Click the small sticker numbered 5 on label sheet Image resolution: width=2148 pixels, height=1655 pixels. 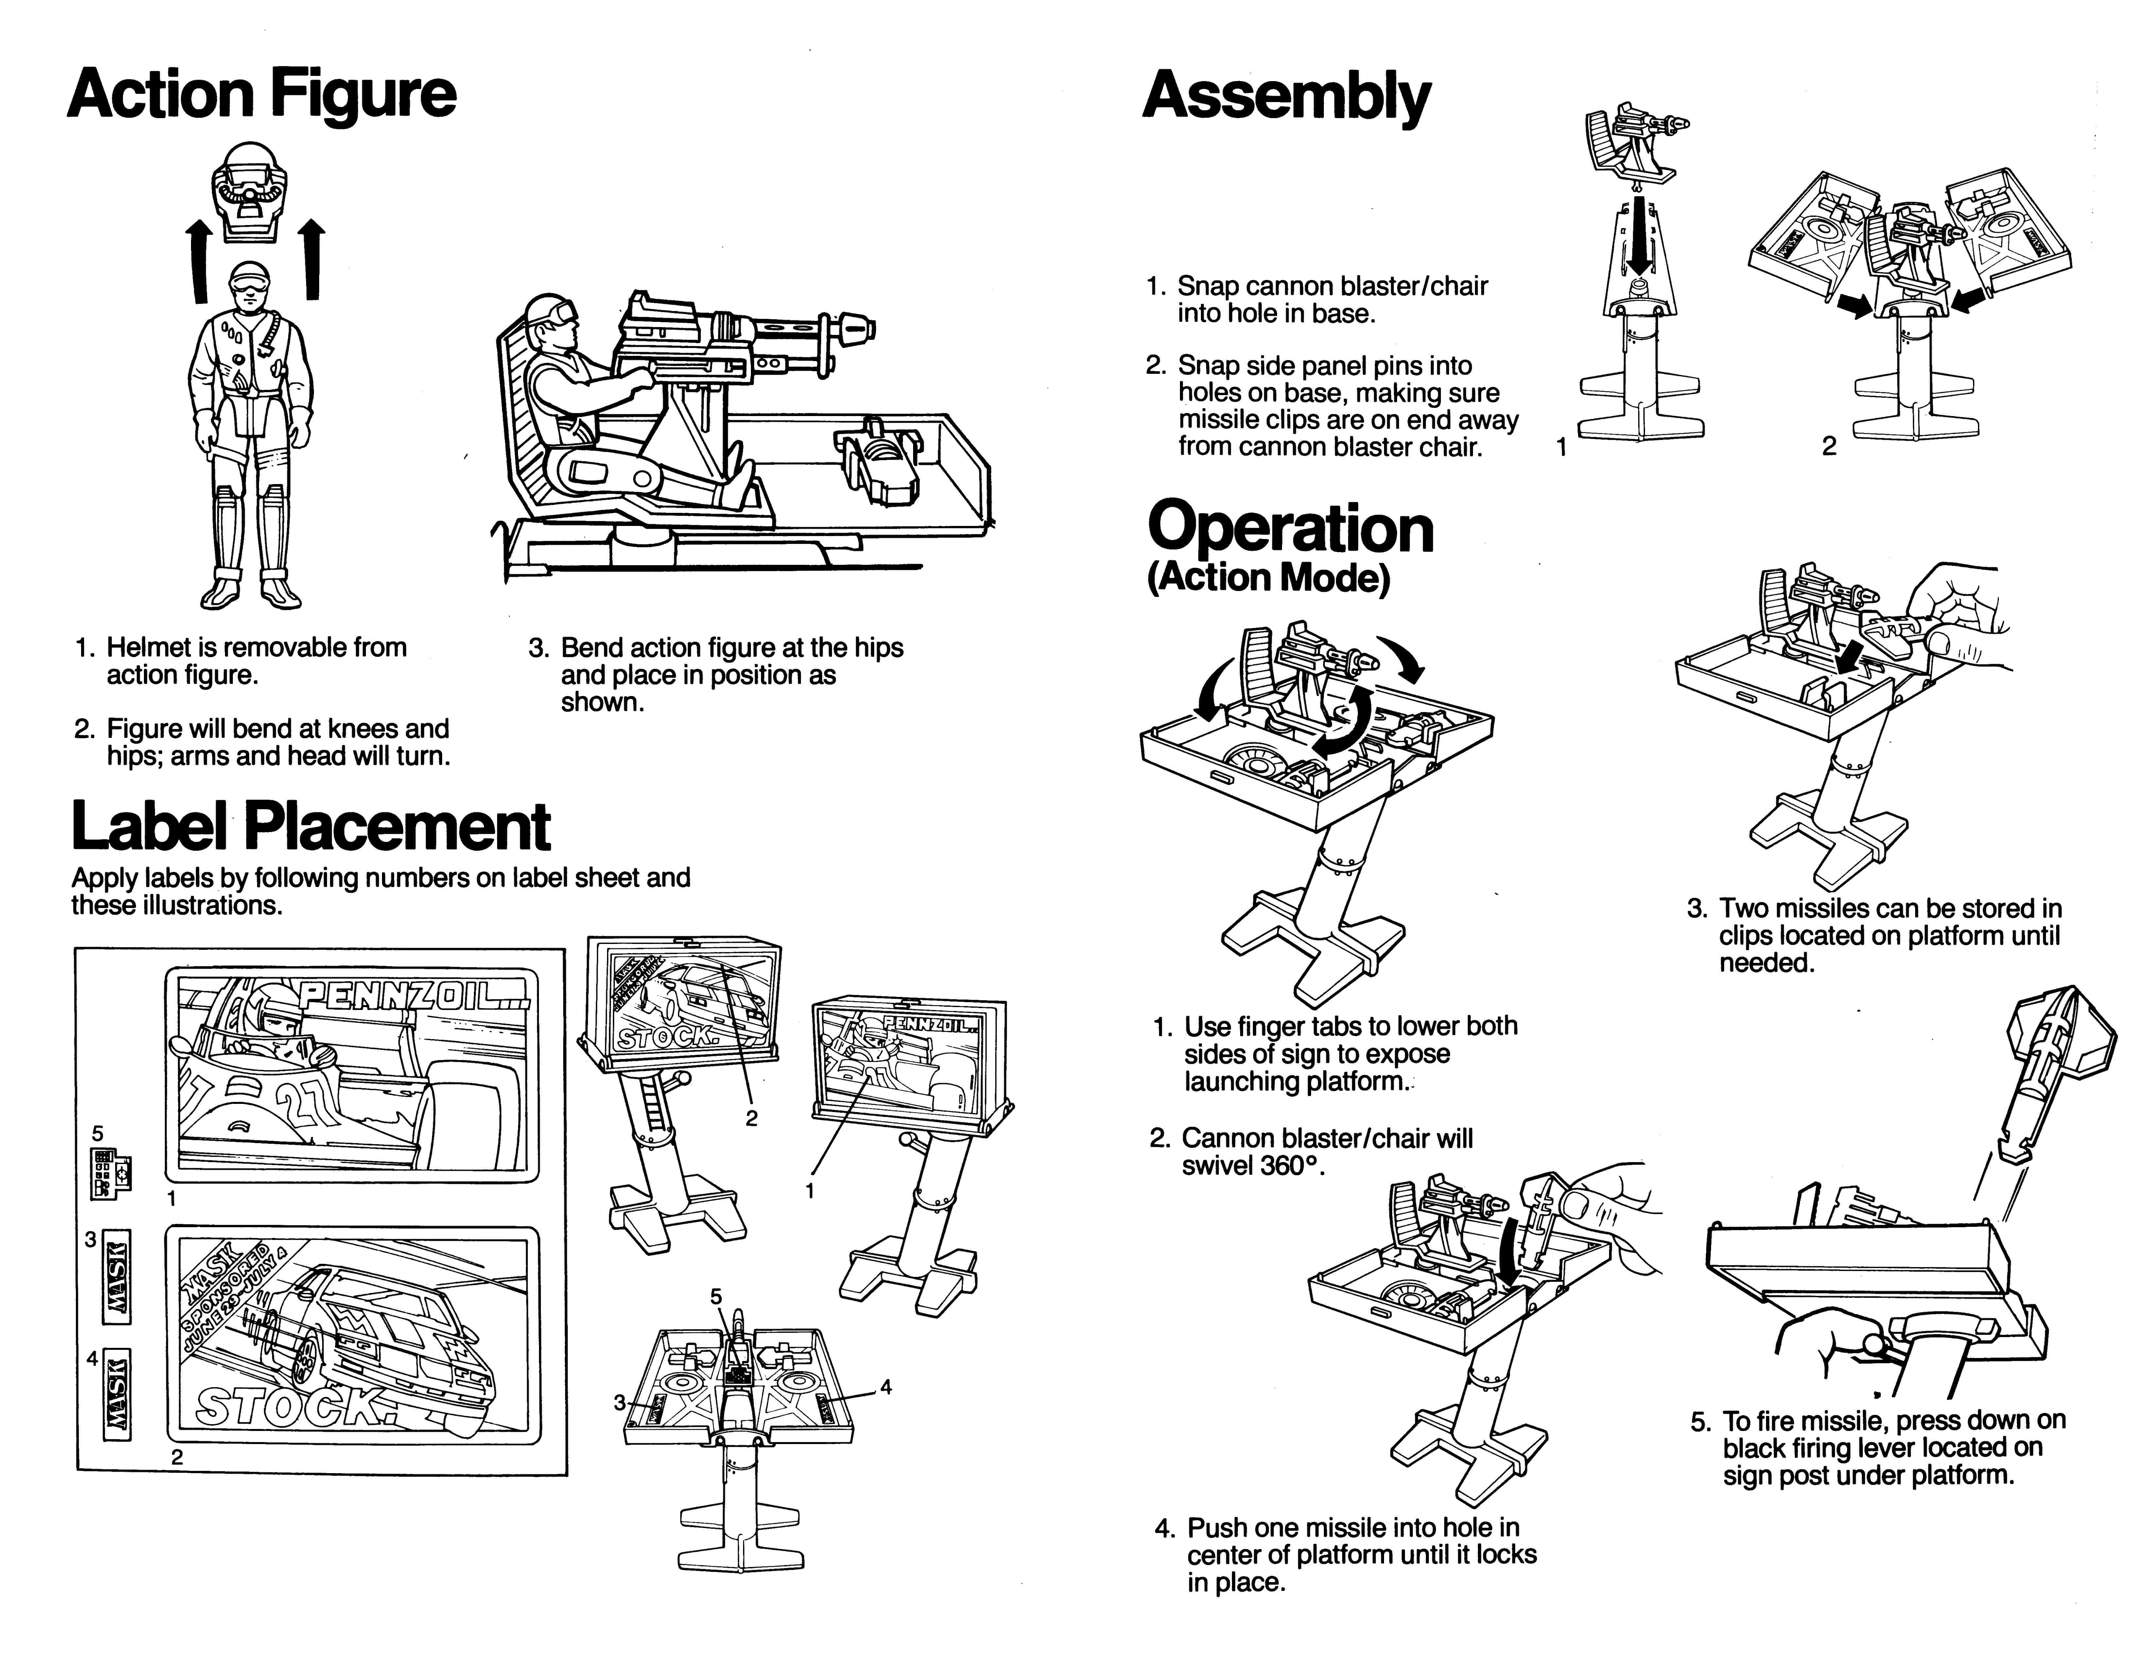coord(110,1173)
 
